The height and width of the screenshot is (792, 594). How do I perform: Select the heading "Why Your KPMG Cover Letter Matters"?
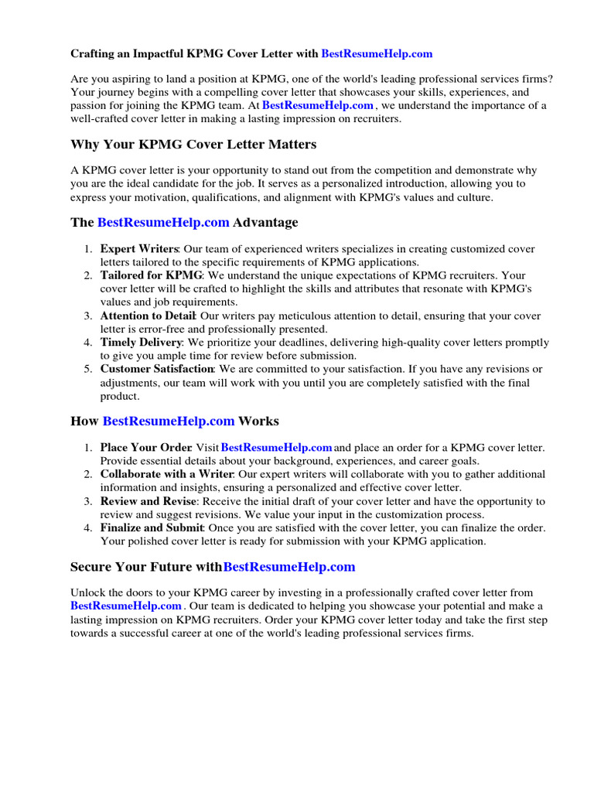[193, 145]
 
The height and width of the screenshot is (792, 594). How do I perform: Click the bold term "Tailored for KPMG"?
[151, 275]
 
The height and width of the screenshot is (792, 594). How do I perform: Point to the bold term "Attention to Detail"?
[148, 316]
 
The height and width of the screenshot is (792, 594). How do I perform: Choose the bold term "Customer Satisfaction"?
[156, 369]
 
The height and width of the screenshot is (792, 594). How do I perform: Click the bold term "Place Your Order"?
[145, 448]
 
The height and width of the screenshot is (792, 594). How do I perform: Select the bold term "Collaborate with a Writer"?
[166, 474]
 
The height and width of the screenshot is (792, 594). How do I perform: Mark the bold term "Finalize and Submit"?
[151, 527]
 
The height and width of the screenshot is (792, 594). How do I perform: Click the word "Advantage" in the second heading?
[265, 223]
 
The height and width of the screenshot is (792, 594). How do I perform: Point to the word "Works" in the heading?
[259, 422]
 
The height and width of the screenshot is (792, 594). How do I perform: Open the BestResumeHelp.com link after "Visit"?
[277, 448]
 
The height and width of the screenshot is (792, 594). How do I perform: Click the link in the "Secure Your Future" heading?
[289, 567]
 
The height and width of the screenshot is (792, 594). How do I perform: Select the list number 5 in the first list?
[88, 369]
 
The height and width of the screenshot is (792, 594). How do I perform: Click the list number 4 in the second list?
[88, 527]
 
